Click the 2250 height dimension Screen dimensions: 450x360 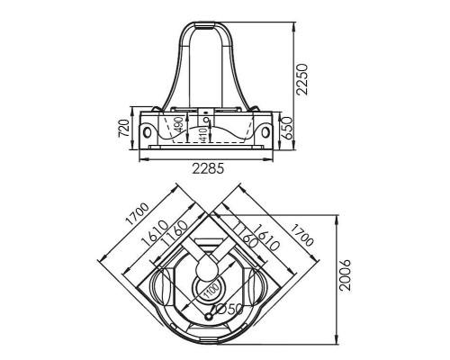(x=301, y=79)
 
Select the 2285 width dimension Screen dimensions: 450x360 (x=208, y=169)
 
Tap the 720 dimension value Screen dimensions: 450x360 (x=123, y=128)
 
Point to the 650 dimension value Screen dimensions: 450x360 (x=287, y=128)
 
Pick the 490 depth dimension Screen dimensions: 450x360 (x=178, y=124)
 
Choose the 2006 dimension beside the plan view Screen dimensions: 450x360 (x=345, y=275)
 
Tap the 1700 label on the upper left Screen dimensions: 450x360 (x=137, y=214)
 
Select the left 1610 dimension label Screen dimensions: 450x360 (x=155, y=234)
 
